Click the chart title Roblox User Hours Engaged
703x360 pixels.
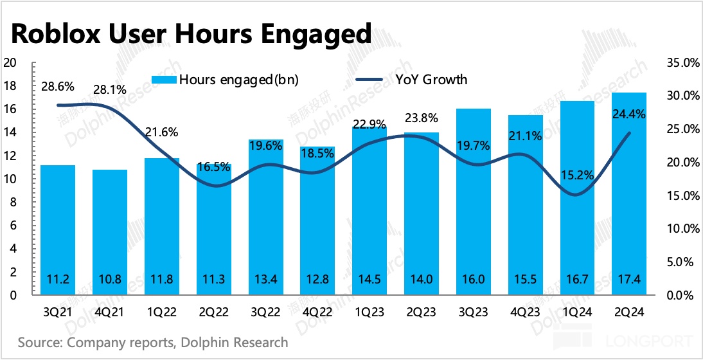(191, 33)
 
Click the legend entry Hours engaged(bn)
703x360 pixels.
(225, 80)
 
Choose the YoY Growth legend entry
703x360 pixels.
(411, 80)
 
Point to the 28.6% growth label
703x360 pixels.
(57, 87)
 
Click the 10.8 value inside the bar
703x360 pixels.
(110, 280)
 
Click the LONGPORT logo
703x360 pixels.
(655, 341)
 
